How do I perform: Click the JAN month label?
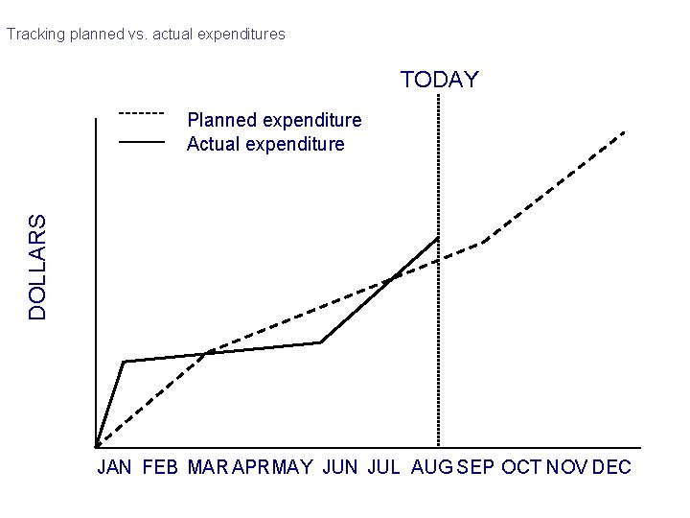[x=115, y=467]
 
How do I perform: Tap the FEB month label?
[x=160, y=467]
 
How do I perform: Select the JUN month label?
[x=340, y=467]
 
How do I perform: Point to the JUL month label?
[x=383, y=467]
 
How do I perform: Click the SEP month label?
[x=476, y=467]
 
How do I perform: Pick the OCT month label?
[x=522, y=467]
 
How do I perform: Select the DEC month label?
[x=612, y=467]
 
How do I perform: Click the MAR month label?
[x=208, y=467]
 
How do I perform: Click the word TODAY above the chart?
[x=439, y=80]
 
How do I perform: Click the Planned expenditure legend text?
[x=274, y=120]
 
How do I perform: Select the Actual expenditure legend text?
[x=265, y=144]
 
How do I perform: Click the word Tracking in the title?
[x=35, y=34]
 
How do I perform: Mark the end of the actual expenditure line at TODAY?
[x=438, y=237]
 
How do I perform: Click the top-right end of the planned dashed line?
[x=625, y=130]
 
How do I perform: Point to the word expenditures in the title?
[x=241, y=34]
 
